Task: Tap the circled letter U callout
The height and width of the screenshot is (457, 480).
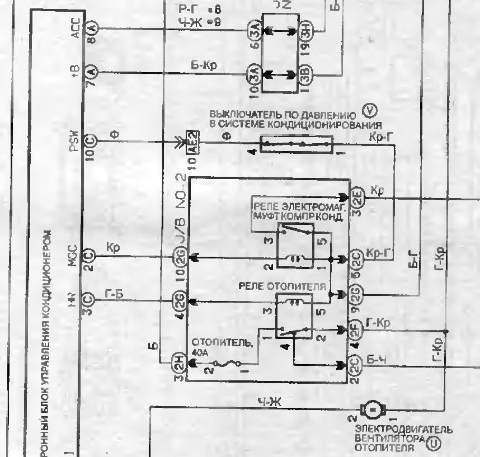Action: pos(433,445)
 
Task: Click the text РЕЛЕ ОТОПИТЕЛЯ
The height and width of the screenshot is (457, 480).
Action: pos(282,286)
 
